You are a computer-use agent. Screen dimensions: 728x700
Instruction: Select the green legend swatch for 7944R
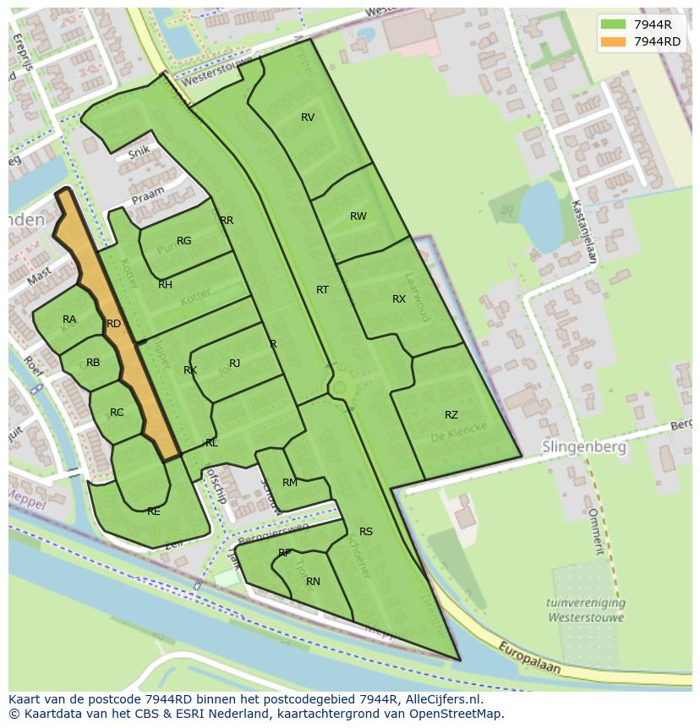[x=613, y=25]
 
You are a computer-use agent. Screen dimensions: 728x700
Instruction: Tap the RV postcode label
[x=308, y=118]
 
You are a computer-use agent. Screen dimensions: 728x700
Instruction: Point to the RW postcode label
[x=358, y=216]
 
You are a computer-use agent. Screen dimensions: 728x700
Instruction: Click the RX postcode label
[x=399, y=299]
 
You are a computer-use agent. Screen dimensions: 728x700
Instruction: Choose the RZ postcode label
[x=451, y=415]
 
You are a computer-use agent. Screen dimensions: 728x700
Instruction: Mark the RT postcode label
[x=322, y=290]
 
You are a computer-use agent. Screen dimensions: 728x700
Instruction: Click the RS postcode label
[x=366, y=532]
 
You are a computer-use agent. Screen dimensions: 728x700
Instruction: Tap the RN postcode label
[x=313, y=582]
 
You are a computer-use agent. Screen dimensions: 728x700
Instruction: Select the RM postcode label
[x=290, y=483]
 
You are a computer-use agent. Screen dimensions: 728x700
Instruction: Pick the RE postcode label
[x=153, y=512]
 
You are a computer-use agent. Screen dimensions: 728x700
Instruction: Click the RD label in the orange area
[x=113, y=324]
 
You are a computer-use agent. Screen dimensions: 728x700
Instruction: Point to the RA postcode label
[x=69, y=320]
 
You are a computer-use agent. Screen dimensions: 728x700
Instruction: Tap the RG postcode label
[x=183, y=241]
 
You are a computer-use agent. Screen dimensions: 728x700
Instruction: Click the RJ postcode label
[x=235, y=364]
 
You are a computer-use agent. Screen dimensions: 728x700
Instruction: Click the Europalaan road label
[x=528, y=657]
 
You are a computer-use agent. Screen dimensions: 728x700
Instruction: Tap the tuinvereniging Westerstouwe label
[x=586, y=610]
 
